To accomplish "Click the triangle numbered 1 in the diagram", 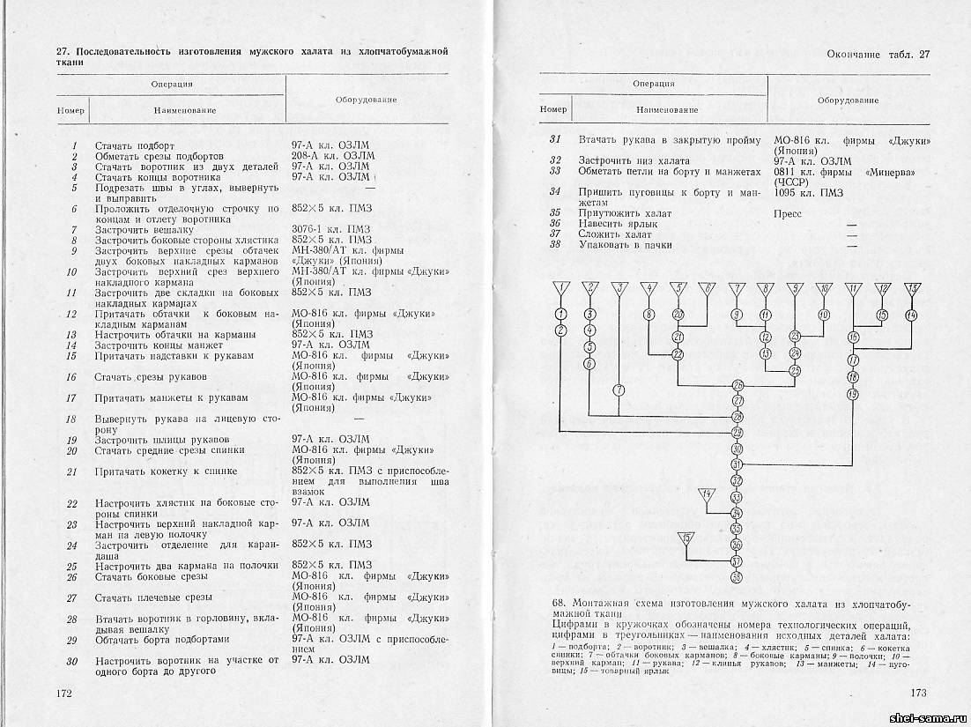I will (x=560, y=288).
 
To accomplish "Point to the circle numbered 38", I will (x=737, y=576).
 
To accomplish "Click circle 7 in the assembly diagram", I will (x=619, y=389).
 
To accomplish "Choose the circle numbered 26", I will (x=737, y=386).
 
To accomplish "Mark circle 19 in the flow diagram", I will (x=852, y=394).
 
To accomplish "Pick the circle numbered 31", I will (x=737, y=464).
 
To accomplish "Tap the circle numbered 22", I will (x=678, y=354).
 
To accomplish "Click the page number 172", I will (x=63, y=694).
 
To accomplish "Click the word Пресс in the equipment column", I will (x=788, y=214).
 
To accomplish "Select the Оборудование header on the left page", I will (x=366, y=100).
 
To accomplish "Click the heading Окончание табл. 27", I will (x=878, y=55).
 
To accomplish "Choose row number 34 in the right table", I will (x=555, y=192).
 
